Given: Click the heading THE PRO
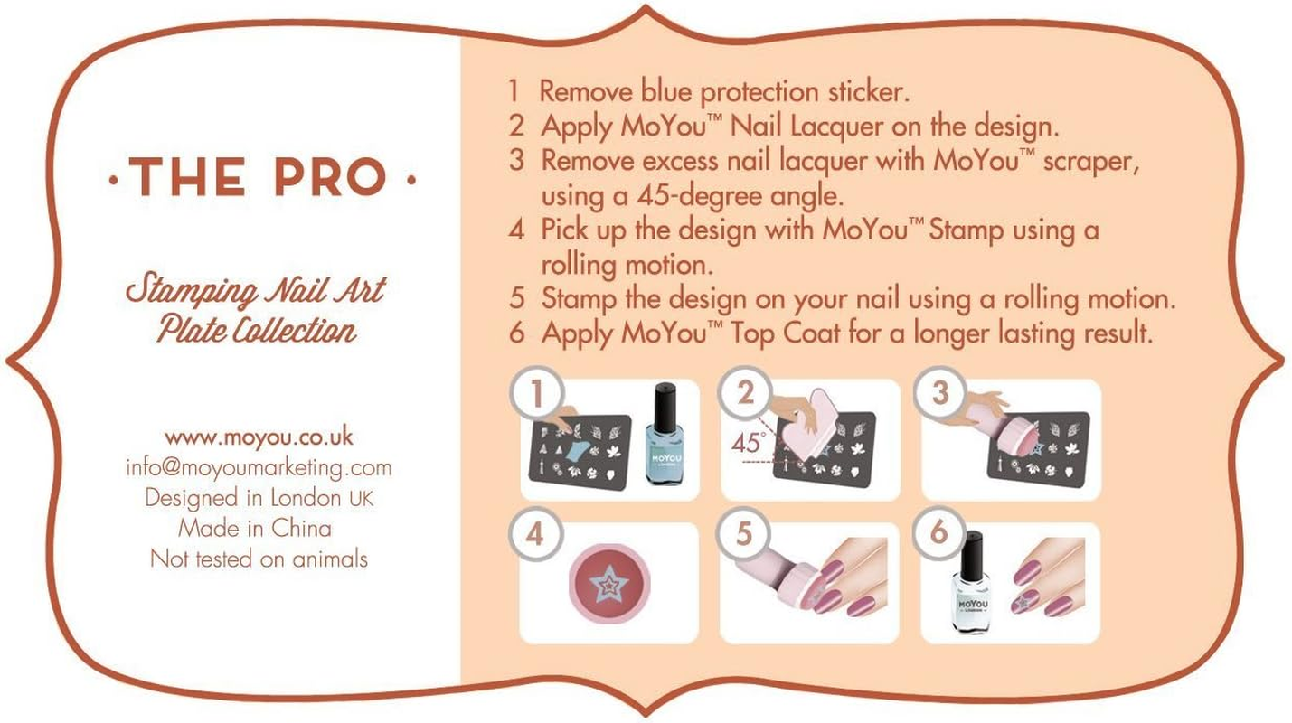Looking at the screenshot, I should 261,177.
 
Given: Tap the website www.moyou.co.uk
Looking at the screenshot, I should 259,437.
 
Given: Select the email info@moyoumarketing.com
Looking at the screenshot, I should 259,467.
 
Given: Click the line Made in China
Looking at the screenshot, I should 255,528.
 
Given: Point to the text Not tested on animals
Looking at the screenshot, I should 259,559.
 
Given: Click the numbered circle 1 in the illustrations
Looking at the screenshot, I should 536,394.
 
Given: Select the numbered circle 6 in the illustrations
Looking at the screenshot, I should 938,531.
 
